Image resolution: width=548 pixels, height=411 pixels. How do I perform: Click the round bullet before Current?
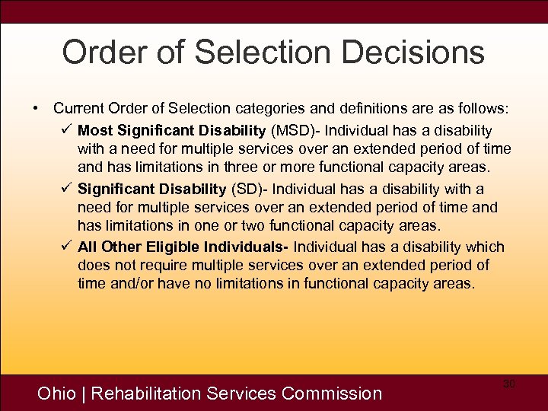coord(36,109)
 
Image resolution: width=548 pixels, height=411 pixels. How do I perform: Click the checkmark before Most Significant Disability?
coord(65,130)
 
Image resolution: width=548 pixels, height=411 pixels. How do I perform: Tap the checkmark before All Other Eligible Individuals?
coord(65,247)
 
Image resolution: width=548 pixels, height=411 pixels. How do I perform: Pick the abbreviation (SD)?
coord(247,189)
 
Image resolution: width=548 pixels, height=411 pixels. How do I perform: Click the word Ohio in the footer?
coord(56,393)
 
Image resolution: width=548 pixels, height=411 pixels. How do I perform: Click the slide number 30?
coord(509,384)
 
